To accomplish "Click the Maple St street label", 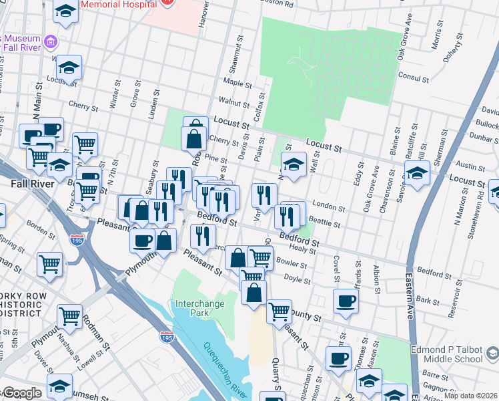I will [x=237, y=83].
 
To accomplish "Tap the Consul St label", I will [x=412, y=78].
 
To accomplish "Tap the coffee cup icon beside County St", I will [x=346, y=301].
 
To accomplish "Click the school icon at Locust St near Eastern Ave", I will [x=416, y=173].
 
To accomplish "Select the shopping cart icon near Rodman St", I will [x=69, y=316].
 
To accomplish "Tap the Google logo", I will [x=21, y=394].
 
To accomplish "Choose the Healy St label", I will [x=307, y=249].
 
